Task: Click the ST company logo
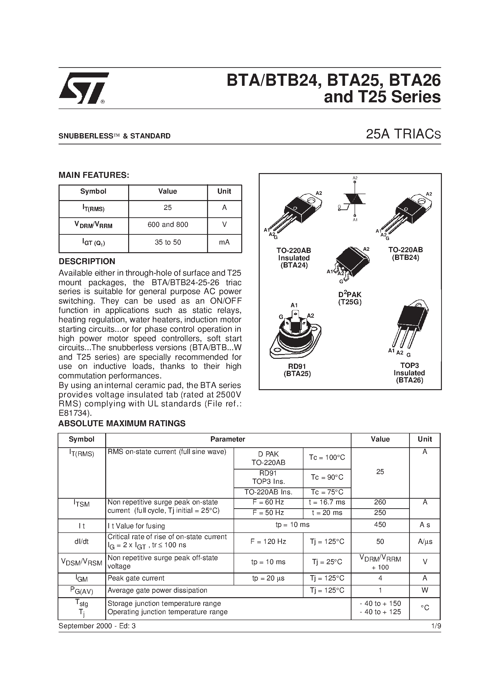click(x=83, y=88)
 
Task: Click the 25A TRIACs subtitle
click(x=403, y=135)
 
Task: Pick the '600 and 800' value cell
click(x=168, y=225)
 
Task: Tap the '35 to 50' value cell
click(x=168, y=242)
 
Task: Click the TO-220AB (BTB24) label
click(x=405, y=253)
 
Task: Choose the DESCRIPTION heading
click(x=87, y=262)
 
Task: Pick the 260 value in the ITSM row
click(x=380, y=502)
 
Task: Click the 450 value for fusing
click(x=380, y=524)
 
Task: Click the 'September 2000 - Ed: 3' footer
click(x=97, y=626)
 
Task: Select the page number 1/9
click(x=436, y=626)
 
